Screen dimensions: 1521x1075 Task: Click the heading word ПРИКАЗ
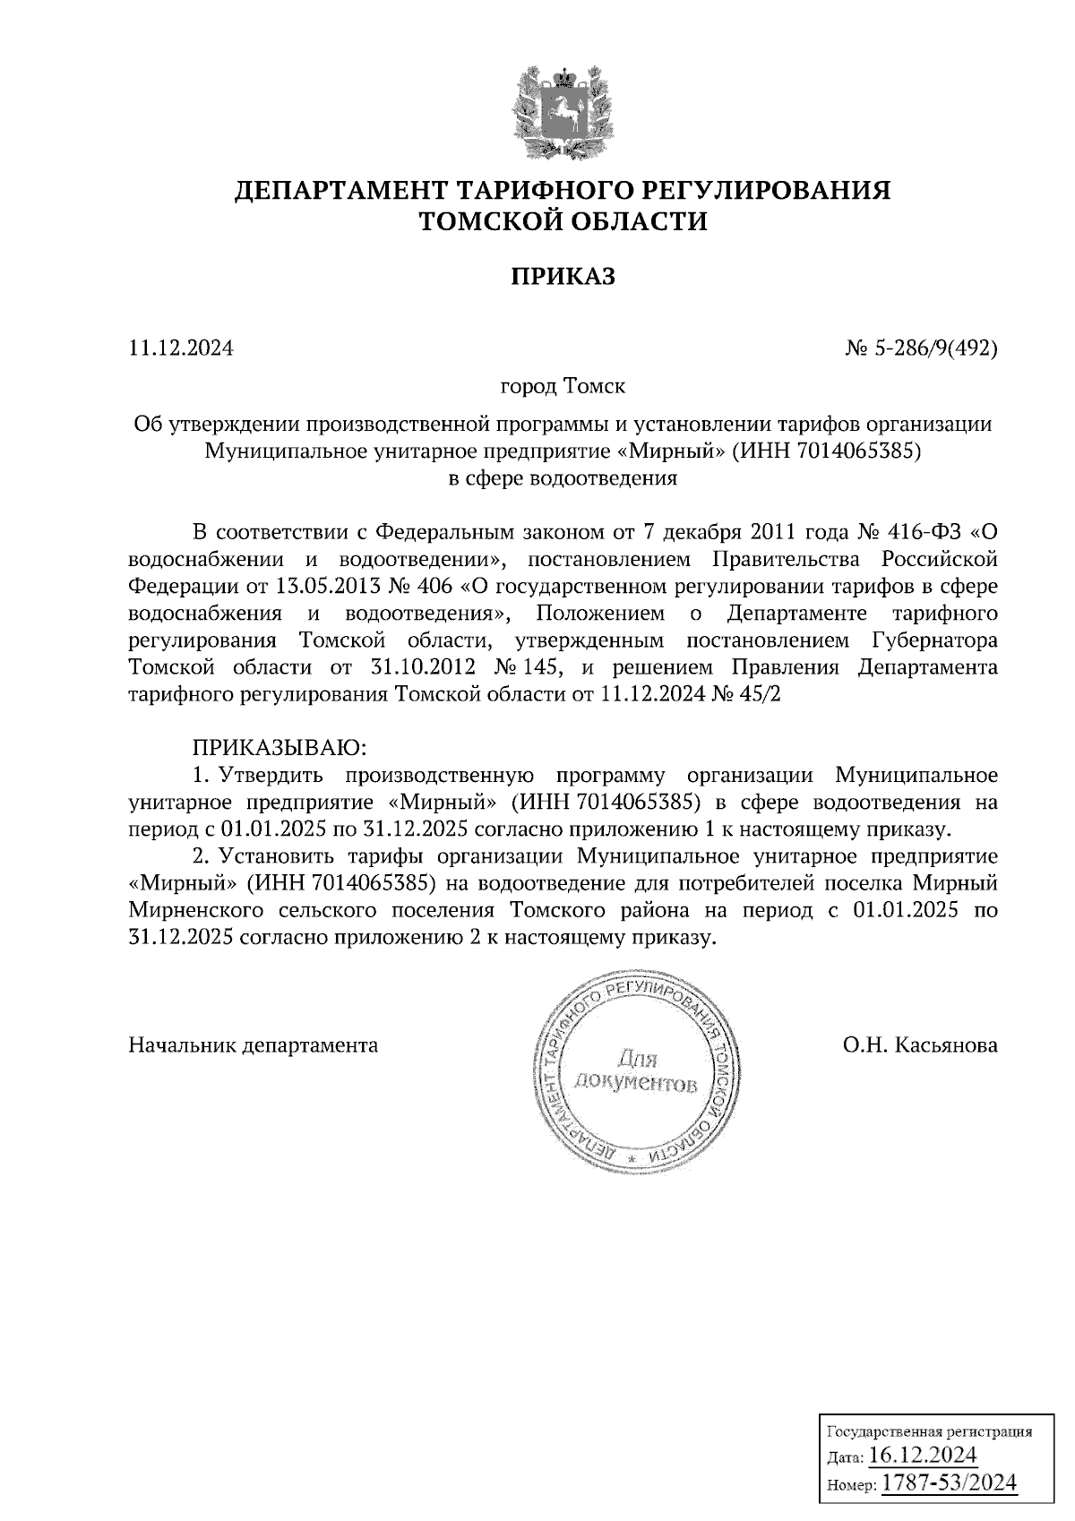click(x=563, y=277)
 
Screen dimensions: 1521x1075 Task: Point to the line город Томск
click(x=563, y=387)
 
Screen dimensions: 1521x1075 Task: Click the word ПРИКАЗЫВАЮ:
click(x=275, y=746)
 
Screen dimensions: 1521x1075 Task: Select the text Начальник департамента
click(x=254, y=1044)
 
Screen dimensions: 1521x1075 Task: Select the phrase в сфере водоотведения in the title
click(x=563, y=477)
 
